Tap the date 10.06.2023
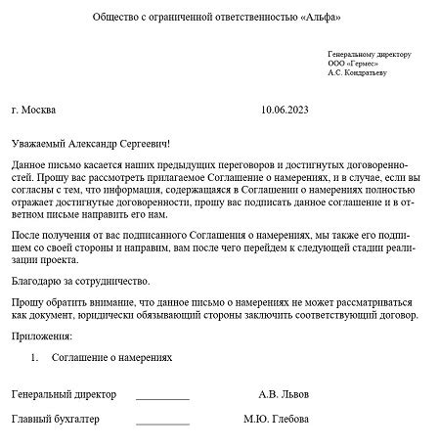[290, 111]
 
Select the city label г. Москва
[34, 111]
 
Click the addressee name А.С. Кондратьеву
[358, 73]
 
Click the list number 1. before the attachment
[34, 358]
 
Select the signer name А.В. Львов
[284, 395]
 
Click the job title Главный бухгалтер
[56, 420]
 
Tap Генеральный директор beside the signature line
[64, 395]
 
